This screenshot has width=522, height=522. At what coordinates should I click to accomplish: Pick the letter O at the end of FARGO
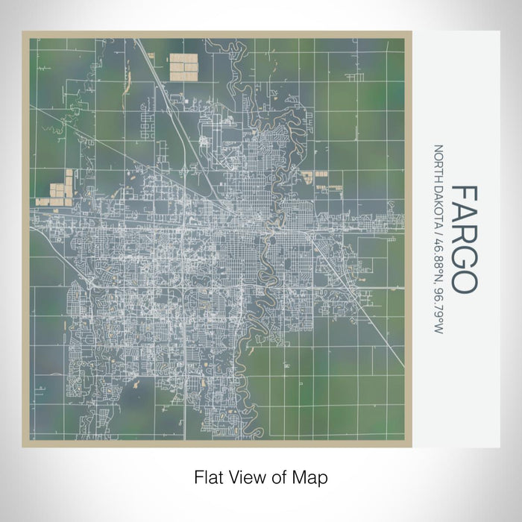(x=464, y=282)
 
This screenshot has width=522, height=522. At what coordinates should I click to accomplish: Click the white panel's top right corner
(x=498, y=32)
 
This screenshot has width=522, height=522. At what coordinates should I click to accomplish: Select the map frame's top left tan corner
(x=25, y=34)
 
